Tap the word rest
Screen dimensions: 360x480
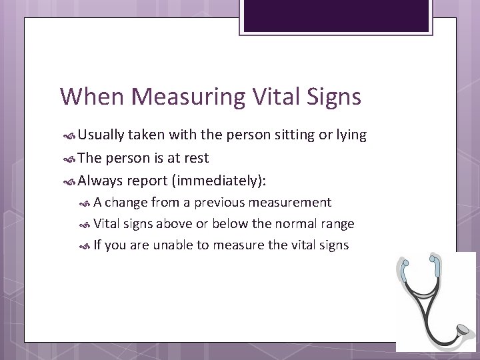pos(197,158)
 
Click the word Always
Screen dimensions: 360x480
pos(100,181)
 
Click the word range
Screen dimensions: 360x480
pos(336,224)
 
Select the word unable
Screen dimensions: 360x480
pos(173,245)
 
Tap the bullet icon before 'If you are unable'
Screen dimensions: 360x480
pos(85,245)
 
